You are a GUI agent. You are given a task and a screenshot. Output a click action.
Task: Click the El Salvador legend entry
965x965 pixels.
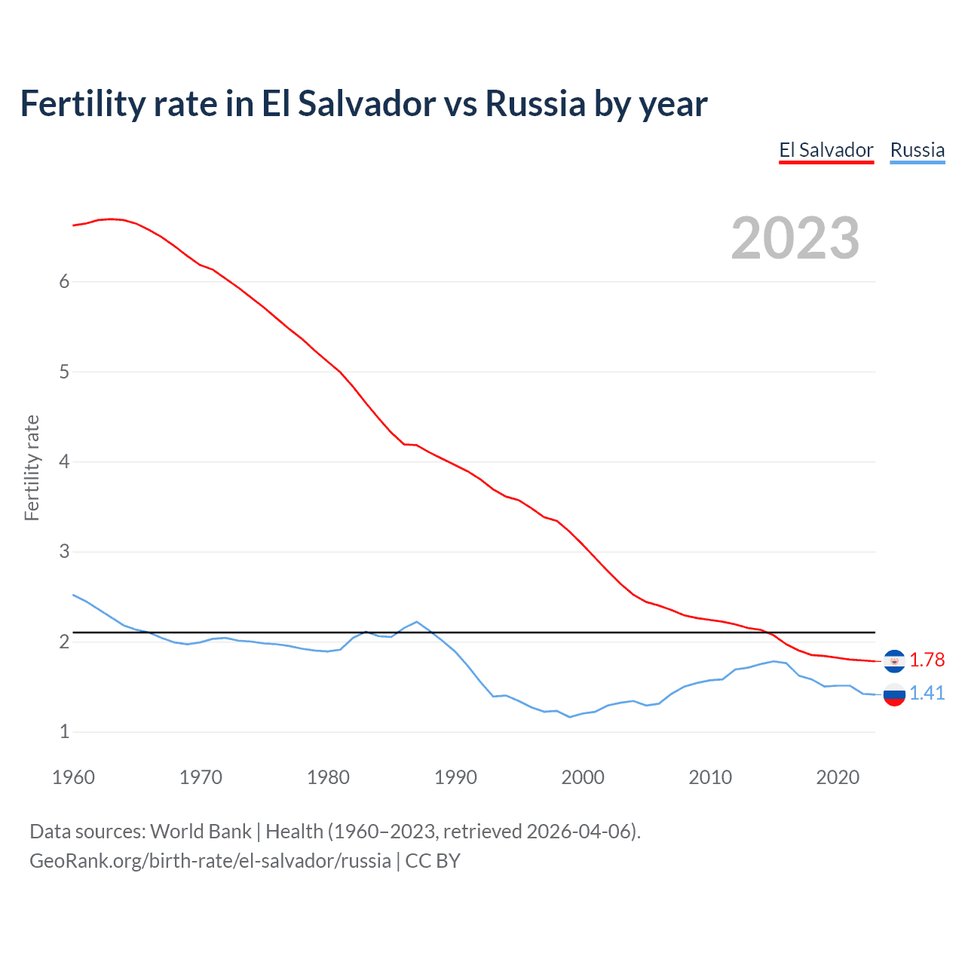pos(826,150)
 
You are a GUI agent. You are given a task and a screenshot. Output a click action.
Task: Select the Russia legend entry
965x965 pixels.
pos(917,150)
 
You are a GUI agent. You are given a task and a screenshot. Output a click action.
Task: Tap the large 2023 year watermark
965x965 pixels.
pos(795,238)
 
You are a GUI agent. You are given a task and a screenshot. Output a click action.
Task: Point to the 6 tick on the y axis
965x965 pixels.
pos(64,281)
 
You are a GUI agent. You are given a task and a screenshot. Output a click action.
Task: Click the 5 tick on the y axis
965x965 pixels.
pos(64,372)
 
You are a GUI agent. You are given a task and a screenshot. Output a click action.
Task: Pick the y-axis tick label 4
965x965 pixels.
pos(64,461)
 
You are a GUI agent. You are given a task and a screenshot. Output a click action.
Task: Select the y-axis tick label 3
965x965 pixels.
pos(64,551)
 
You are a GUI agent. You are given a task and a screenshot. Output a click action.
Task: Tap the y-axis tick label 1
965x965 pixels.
pos(64,731)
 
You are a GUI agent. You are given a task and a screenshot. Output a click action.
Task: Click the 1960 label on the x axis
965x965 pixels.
pos(73,777)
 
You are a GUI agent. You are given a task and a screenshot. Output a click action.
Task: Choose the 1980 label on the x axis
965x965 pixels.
pos(328,777)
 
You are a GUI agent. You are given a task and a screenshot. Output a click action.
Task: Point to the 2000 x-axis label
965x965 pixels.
pos(583,777)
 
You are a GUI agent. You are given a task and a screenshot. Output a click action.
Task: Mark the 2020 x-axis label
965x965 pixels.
pos(838,777)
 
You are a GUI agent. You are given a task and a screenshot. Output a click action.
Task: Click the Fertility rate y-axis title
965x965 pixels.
pos(32,467)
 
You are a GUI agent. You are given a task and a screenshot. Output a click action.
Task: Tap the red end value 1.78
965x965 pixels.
pos(927,660)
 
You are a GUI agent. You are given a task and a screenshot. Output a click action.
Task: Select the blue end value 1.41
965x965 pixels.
pos(927,694)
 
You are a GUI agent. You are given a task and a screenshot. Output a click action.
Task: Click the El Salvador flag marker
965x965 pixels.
pos(894,661)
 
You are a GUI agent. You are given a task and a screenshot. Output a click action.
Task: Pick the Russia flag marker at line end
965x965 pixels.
pos(894,694)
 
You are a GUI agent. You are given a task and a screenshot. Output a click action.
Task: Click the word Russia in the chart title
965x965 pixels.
pos(535,103)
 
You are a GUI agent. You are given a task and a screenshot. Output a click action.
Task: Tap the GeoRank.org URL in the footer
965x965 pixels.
pos(210,861)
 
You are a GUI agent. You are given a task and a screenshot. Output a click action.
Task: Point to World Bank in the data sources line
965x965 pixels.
pos(201,832)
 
